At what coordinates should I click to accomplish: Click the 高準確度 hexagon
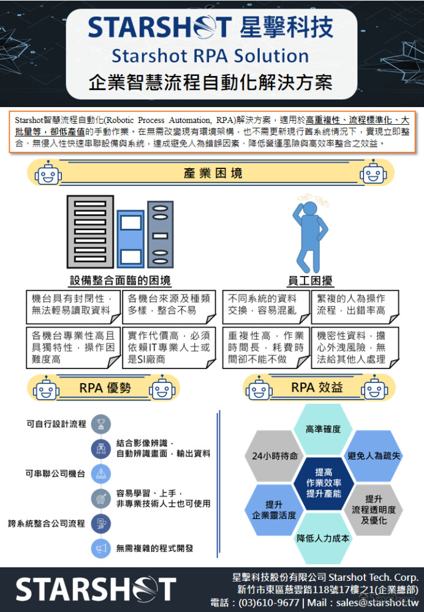coord(323,429)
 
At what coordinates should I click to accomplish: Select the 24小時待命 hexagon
coord(274,455)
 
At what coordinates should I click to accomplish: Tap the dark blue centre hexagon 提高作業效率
coord(324,483)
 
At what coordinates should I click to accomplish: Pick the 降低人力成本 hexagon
coord(323,538)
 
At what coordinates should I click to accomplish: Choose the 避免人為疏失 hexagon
coord(374,455)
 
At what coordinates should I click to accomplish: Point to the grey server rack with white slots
coord(90,231)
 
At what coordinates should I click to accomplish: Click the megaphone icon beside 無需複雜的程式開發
coord(101,548)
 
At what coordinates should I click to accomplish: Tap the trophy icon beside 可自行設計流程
coord(101,424)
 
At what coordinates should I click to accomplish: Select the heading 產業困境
coord(213,173)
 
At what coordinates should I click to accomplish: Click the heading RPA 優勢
coord(105,387)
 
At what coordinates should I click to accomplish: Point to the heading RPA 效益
coord(317,387)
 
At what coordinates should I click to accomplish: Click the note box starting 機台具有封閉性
coord(73,307)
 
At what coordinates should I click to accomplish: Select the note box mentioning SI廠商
coord(169,348)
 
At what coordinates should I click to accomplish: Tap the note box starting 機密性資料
coord(355,348)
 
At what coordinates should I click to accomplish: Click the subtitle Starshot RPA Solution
coord(210,56)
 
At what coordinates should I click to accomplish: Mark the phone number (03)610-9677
coord(269,603)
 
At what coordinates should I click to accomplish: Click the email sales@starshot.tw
coord(377,603)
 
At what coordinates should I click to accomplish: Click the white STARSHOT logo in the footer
coord(96,589)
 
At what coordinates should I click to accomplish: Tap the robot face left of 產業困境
coord(48,173)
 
